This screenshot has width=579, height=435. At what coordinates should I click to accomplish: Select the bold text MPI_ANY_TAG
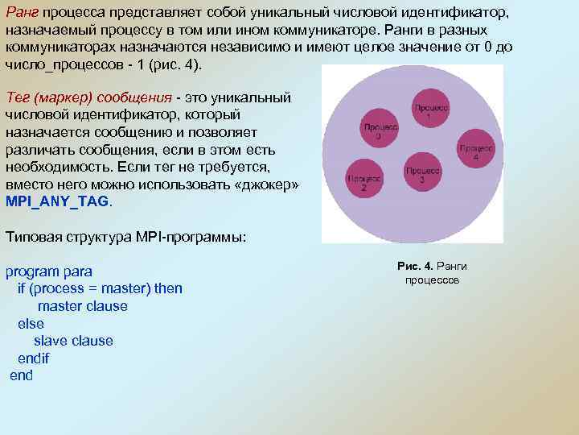click(57, 201)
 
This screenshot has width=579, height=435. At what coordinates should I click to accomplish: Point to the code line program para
click(49, 271)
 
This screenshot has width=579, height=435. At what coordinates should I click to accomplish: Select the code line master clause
click(83, 306)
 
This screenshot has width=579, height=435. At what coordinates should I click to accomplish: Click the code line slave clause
click(73, 341)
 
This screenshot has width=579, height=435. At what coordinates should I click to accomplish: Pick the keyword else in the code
click(31, 324)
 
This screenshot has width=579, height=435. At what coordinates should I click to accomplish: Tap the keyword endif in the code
click(33, 358)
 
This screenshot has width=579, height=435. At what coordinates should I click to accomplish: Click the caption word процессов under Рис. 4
click(432, 280)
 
